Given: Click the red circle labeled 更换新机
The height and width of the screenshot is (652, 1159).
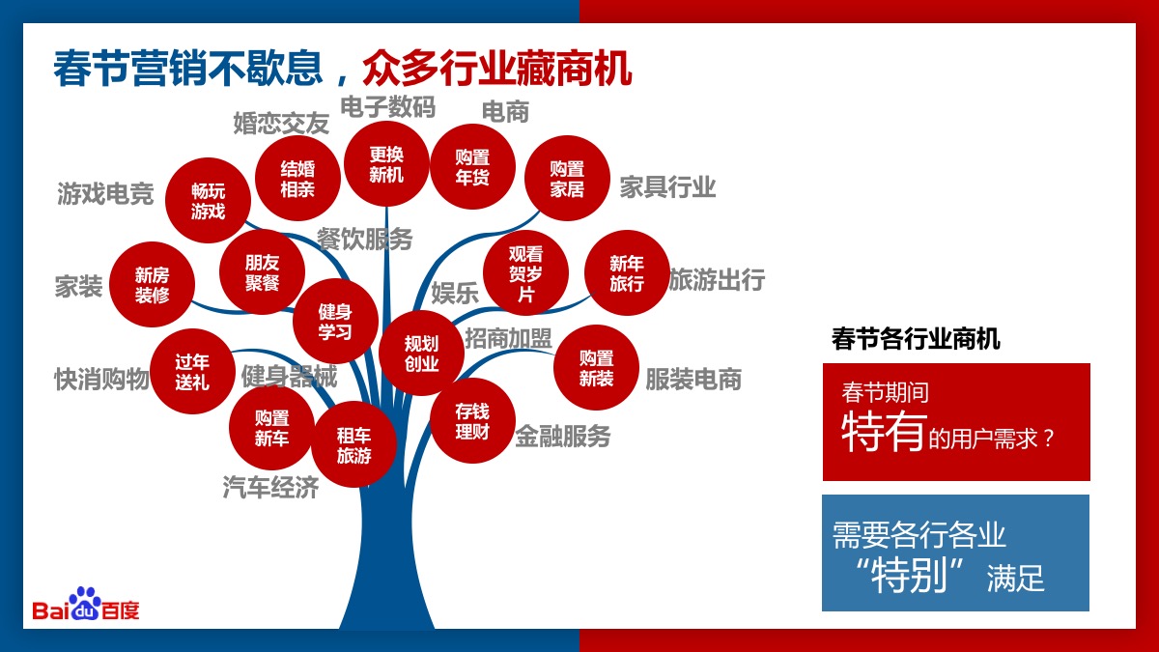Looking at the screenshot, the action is pyautogui.click(x=386, y=164).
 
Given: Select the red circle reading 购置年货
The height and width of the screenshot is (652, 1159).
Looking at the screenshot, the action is pyautogui.click(x=472, y=166).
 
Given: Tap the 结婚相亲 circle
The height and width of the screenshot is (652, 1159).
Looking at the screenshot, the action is pyautogui.click(x=297, y=179).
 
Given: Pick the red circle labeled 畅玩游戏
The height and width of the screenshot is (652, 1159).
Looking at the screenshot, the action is pyautogui.click(x=208, y=201).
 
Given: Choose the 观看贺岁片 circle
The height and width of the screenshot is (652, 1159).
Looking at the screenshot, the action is pyautogui.click(x=525, y=272).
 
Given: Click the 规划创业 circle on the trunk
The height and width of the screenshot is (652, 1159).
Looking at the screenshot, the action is pyautogui.click(x=421, y=354).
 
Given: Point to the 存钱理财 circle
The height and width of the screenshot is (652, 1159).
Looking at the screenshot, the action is pyautogui.click(x=472, y=421).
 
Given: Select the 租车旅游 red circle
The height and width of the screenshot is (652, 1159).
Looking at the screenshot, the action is pyautogui.click(x=353, y=444).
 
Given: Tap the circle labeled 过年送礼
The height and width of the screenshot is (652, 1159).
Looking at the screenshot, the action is pyautogui.click(x=192, y=372).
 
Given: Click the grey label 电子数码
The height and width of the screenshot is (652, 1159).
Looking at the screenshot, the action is pyautogui.click(x=387, y=107).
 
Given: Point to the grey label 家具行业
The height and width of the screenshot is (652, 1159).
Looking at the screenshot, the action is pyautogui.click(x=667, y=186).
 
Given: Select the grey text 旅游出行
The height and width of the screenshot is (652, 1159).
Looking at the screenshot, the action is pyautogui.click(x=717, y=279).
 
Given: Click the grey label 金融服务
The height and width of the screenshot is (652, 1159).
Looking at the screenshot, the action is pyautogui.click(x=563, y=436).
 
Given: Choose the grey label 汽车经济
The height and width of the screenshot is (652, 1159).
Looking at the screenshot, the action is pyautogui.click(x=270, y=488).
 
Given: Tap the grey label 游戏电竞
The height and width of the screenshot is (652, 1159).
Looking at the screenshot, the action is pyautogui.click(x=105, y=194).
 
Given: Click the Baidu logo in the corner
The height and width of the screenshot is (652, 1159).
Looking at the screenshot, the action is pyautogui.click(x=86, y=604).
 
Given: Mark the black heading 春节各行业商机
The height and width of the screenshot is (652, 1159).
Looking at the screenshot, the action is pyautogui.click(x=916, y=339).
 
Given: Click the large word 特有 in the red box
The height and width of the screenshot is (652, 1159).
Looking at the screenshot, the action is pyautogui.click(x=883, y=431).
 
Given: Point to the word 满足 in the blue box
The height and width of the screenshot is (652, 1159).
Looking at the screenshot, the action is pyautogui.click(x=1015, y=578).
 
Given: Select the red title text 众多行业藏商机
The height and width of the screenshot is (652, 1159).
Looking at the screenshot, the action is pyautogui.click(x=497, y=68).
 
